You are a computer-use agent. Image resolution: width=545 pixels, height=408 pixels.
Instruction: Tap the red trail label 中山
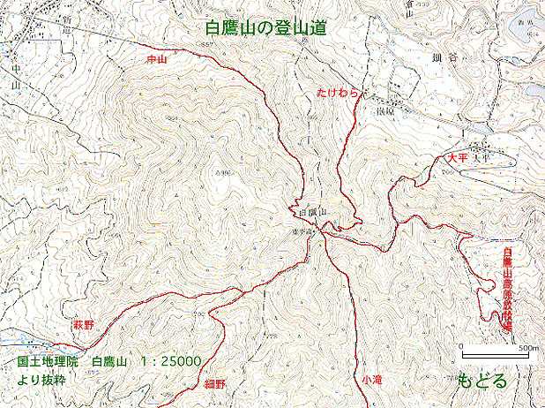tap(156, 59)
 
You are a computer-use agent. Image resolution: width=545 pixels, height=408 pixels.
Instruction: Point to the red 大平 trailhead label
tap(455, 156)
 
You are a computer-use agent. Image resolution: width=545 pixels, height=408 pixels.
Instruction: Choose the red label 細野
tap(215, 385)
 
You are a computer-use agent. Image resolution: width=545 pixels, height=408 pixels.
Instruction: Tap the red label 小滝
tap(372, 379)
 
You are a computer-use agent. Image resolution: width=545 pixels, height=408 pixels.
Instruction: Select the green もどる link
tap(482, 382)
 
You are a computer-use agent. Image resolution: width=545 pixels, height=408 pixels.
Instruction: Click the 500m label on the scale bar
tap(527, 348)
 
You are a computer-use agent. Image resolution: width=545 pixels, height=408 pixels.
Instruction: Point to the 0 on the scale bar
tap(462, 347)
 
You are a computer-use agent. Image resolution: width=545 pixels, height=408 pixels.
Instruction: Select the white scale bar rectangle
tap(495, 356)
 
